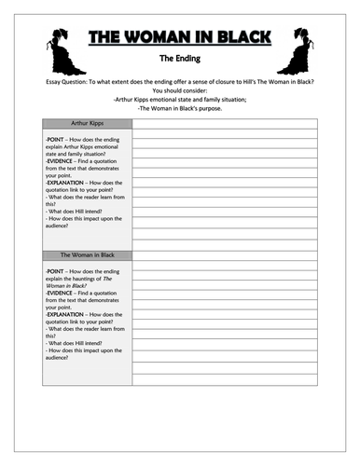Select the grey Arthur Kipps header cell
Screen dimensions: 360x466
[88, 124]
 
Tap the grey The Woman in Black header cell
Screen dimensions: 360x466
[88, 254]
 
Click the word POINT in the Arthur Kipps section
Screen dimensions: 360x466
[57, 139]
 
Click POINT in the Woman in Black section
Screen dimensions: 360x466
[57, 269]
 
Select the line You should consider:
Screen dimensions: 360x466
[180, 93]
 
